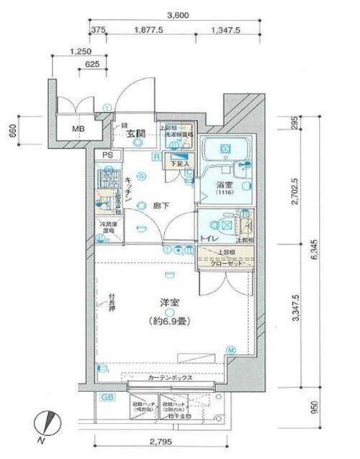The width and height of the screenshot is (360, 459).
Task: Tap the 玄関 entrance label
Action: [x=137, y=134]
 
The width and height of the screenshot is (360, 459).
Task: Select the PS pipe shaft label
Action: [x=108, y=155]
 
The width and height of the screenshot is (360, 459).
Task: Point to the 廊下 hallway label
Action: [x=161, y=205]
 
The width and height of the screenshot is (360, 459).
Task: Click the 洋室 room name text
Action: [x=167, y=304]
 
